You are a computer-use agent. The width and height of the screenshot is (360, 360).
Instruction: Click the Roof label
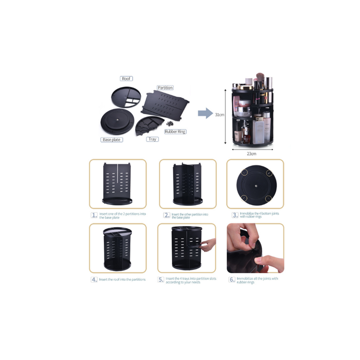tap(126, 78)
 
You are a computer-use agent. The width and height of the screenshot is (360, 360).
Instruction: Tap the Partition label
tap(165, 87)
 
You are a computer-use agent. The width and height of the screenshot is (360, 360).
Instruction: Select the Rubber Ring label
tap(175, 131)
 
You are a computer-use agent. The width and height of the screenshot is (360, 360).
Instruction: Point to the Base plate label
tap(112, 139)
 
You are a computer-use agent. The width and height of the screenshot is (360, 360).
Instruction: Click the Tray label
tap(153, 139)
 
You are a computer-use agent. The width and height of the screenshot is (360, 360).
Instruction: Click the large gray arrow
tap(205, 113)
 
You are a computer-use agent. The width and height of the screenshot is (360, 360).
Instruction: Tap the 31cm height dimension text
tap(220, 115)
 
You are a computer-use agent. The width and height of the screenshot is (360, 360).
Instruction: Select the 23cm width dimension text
tap(252, 153)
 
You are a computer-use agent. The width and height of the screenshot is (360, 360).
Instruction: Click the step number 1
tap(94, 215)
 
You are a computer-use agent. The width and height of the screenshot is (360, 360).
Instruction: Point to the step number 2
tap(166, 215)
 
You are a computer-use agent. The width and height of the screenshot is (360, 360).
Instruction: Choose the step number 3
tap(235, 215)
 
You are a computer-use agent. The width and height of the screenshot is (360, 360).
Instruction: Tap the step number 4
tap(94, 279)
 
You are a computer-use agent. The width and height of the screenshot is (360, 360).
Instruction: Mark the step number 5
tap(161, 279)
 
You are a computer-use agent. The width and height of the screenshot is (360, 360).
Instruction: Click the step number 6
tap(232, 279)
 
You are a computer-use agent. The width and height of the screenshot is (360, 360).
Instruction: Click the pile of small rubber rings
tap(170, 123)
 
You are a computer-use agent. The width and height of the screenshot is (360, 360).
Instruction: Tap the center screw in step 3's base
tap(256, 185)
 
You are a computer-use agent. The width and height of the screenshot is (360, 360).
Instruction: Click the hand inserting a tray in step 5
tap(208, 245)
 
